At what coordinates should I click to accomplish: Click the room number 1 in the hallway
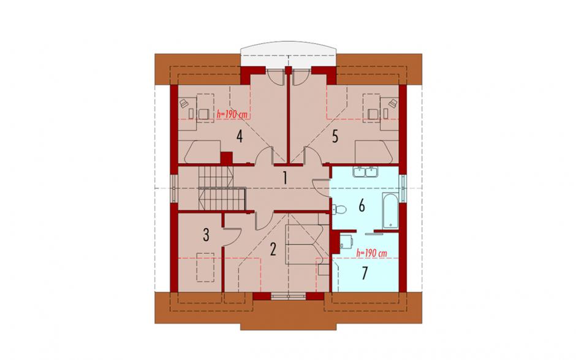285,178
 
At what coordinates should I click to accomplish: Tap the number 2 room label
273,250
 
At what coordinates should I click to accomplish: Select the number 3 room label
206,235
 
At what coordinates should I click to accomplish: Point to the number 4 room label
240,136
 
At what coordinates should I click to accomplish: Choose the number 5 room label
335,136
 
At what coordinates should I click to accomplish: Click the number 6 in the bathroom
362,206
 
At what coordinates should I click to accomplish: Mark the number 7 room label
365,273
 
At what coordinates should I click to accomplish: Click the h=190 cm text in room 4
232,114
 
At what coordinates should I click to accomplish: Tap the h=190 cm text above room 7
372,253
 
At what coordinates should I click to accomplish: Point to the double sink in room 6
365,172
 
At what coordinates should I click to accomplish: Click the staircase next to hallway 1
222,188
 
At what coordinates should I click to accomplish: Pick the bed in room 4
202,151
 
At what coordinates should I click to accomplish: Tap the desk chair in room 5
373,114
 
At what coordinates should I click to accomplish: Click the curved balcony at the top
288,54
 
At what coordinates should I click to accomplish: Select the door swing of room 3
232,237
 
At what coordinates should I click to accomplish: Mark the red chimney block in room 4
226,158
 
